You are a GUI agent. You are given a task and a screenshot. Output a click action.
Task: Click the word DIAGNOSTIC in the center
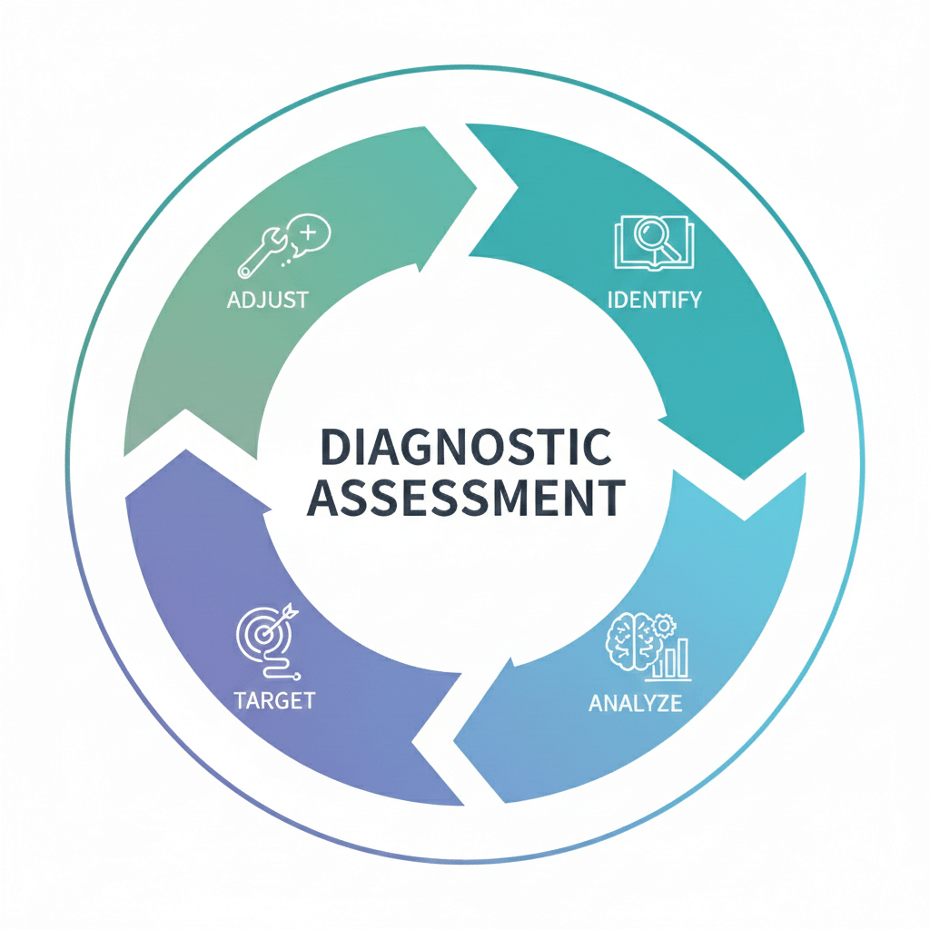pos(465,449)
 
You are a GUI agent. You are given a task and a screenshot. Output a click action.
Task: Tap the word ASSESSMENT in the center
pos(465,498)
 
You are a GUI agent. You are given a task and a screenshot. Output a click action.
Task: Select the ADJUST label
pos(268,299)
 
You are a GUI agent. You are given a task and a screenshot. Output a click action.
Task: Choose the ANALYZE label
pos(635,703)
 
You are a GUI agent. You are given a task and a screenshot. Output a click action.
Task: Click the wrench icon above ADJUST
pos(259,254)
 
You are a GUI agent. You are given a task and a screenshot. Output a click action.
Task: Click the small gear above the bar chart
pos(666,626)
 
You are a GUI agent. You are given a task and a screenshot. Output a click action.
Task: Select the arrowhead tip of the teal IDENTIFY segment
pos(745,478)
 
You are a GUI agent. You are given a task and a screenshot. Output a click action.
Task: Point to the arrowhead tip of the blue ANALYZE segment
pos(454,736)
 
